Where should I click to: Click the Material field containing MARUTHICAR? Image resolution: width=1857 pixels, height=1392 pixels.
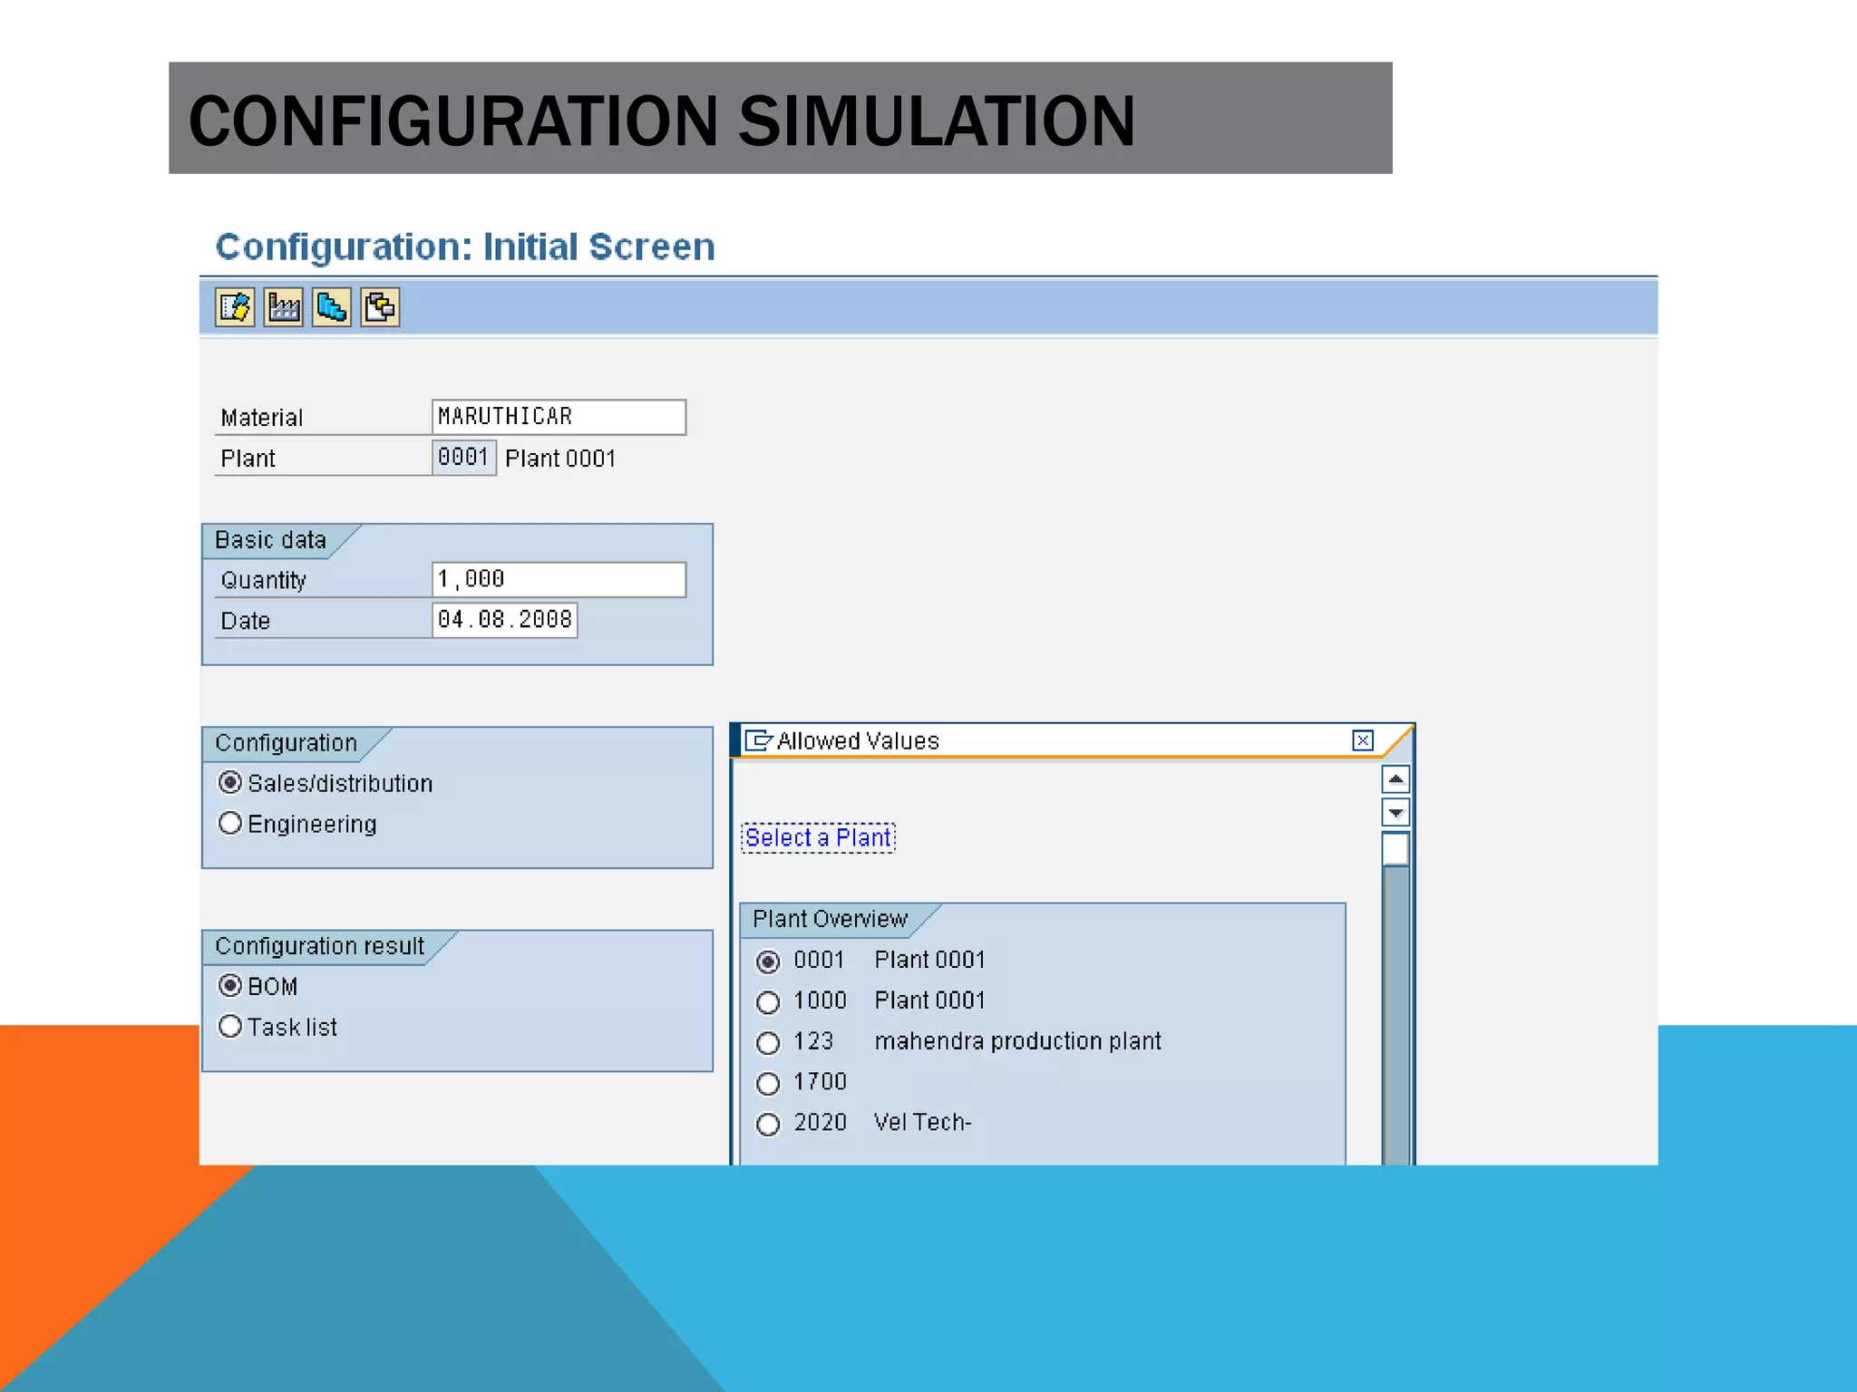tap(558, 417)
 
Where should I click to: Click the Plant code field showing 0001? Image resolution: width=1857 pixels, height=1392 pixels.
tap(463, 458)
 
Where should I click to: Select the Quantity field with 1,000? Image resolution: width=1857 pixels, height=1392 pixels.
tap(558, 580)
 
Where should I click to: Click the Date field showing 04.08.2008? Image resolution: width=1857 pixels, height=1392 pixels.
tap(504, 621)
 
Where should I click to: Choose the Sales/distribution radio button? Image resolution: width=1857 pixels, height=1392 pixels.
tap(230, 782)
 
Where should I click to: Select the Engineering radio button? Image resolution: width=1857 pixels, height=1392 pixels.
tap(230, 823)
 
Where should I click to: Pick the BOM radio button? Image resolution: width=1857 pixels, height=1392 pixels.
tap(230, 985)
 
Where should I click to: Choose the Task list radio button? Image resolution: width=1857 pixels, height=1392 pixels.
tap(230, 1026)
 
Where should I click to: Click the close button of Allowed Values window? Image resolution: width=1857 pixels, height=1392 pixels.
tap(1362, 740)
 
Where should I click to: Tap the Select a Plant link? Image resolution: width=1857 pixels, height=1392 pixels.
tap(818, 837)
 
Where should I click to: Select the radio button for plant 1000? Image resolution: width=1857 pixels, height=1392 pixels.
tap(768, 1001)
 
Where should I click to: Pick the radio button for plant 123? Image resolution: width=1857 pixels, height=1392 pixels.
tap(768, 1042)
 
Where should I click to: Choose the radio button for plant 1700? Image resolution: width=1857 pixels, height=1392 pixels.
tap(768, 1083)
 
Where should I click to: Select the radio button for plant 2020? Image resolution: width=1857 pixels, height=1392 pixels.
tap(768, 1124)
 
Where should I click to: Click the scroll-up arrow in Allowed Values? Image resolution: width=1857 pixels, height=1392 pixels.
tap(1395, 779)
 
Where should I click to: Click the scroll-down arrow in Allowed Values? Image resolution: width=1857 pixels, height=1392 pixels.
tap(1395, 812)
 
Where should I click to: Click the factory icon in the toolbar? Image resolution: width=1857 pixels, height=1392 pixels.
tap(284, 307)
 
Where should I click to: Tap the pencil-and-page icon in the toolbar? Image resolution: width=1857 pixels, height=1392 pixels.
tap(235, 307)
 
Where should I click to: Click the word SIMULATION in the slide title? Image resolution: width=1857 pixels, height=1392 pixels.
tap(936, 121)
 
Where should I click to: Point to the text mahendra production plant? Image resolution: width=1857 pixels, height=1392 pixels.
tap(1017, 1041)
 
